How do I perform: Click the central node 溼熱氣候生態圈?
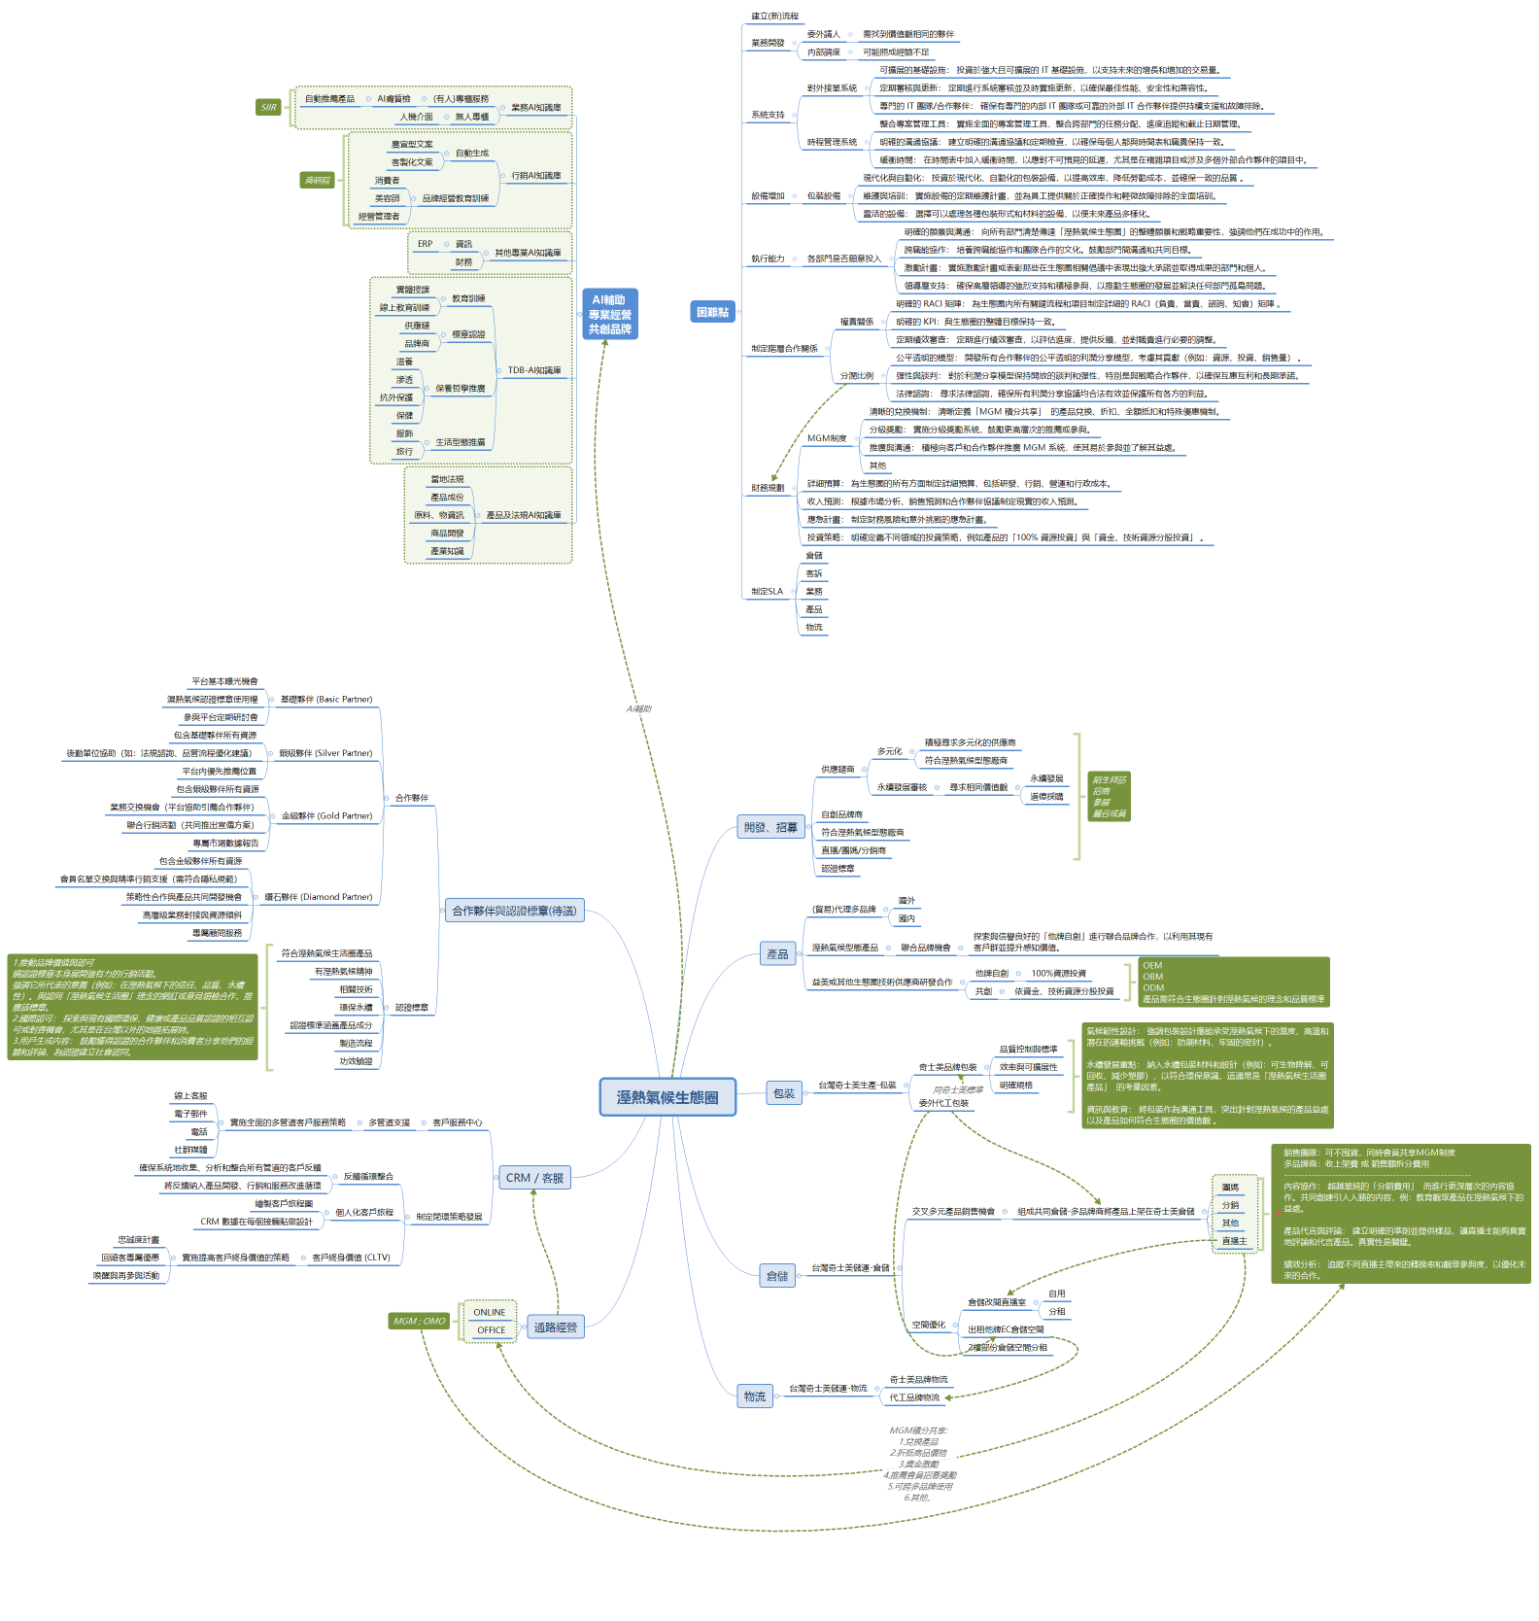(667, 1097)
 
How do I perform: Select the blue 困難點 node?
(712, 312)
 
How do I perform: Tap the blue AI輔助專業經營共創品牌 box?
(609, 314)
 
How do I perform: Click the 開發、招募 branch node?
(770, 828)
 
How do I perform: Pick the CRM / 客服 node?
(534, 1178)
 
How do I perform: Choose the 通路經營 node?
(556, 1328)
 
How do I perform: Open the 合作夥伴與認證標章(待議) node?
(514, 912)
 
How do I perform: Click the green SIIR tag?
(268, 108)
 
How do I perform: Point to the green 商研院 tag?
(317, 180)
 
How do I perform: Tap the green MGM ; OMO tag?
(419, 1322)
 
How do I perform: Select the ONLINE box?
(490, 1313)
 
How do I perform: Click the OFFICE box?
(491, 1330)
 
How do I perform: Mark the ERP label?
(425, 244)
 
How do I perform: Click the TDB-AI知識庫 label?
(534, 370)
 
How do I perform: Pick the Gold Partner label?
(326, 816)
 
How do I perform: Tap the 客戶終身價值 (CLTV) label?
(351, 1258)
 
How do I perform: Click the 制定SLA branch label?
(767, 591)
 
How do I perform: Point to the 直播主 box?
(1234, 1241)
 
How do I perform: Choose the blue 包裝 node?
(783, 1094)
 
